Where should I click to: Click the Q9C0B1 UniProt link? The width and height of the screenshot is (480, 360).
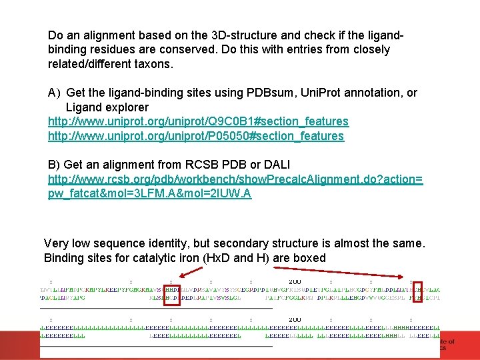[198, 121]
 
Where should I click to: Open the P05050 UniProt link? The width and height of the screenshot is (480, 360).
[196, 136]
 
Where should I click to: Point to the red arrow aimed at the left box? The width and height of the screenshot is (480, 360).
[192, 271]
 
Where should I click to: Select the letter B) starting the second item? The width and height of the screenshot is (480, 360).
[54, 164]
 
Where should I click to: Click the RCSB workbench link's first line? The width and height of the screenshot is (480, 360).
[235, 179]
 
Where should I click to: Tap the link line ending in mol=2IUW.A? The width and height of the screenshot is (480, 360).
[149, 194]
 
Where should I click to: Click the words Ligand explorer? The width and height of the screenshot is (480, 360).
[107, 107]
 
